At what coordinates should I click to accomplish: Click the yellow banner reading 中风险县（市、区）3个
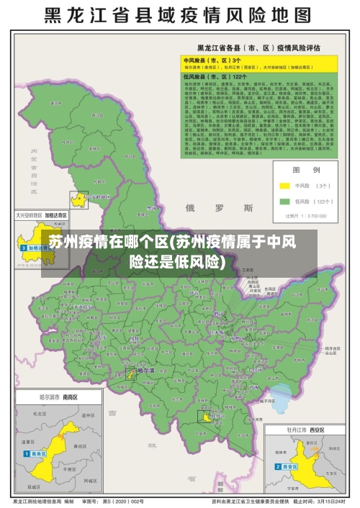pos(213,60)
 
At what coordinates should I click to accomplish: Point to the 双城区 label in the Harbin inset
pos(43,475)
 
